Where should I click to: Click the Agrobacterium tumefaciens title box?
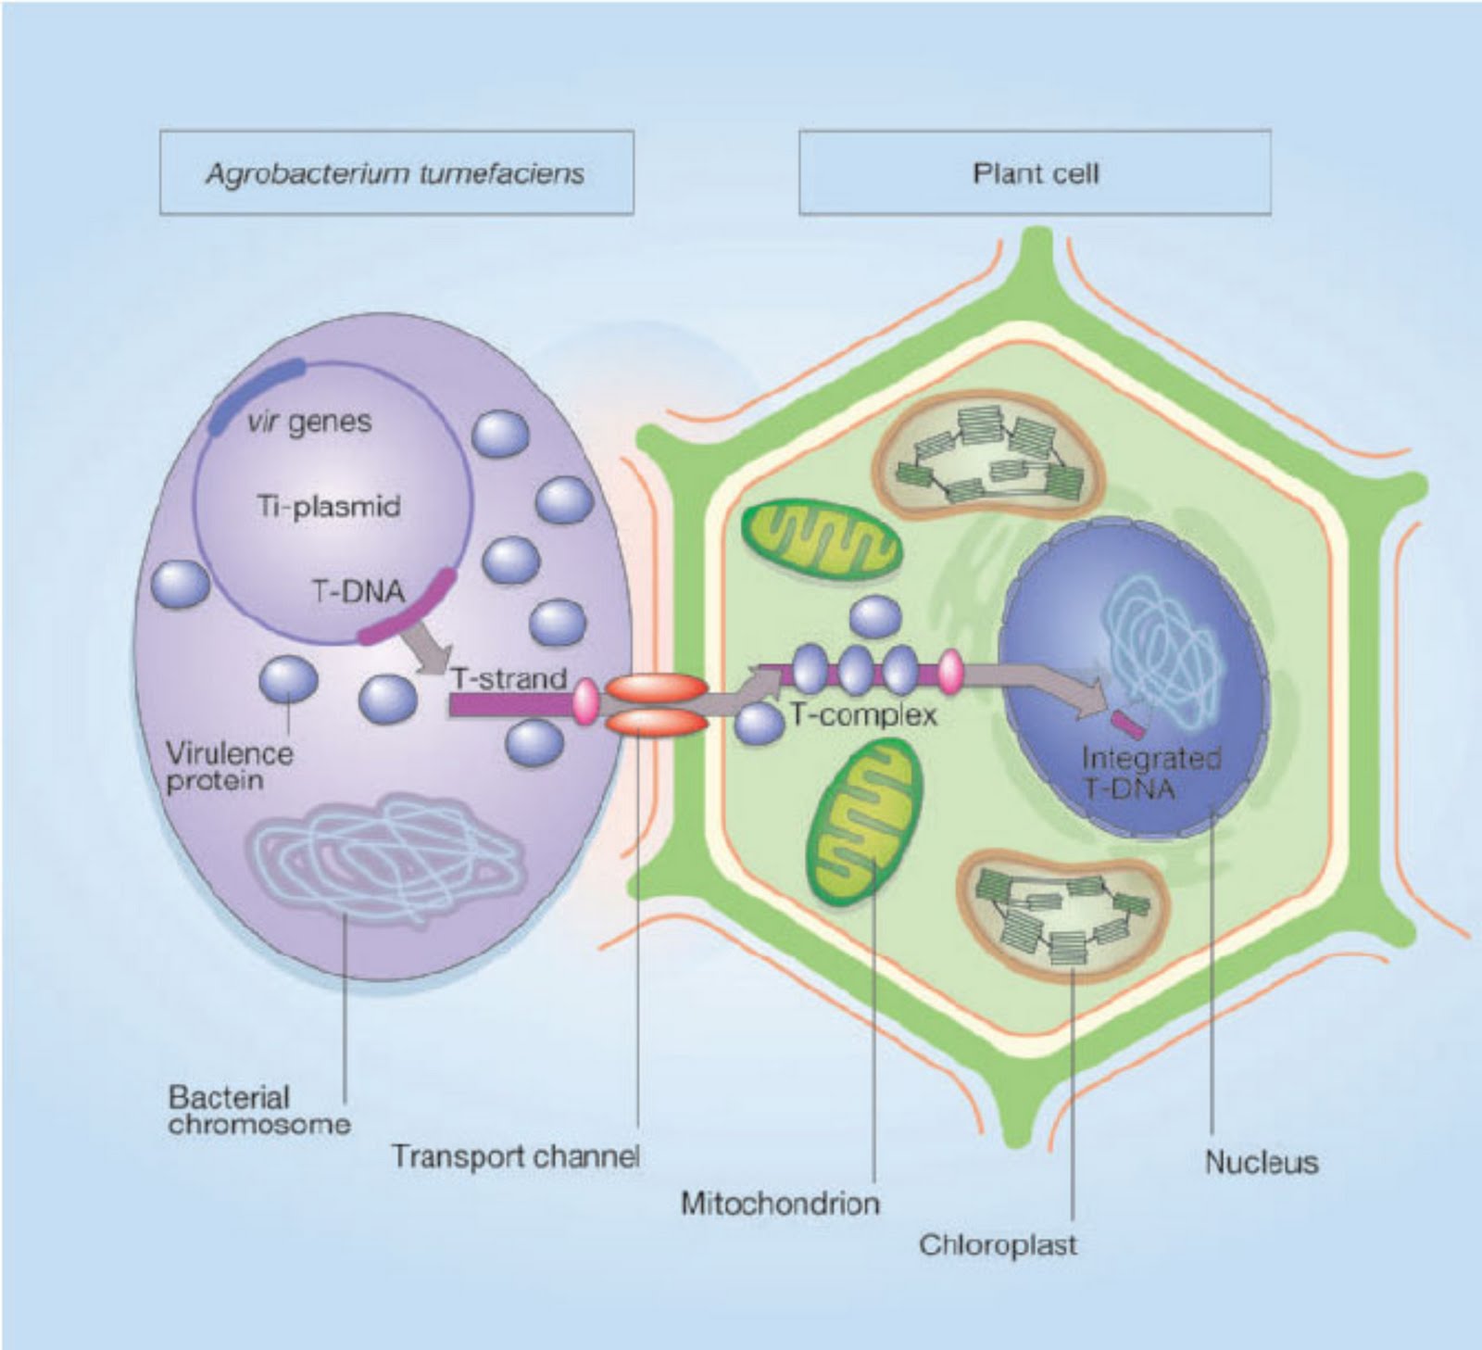coord(396,173)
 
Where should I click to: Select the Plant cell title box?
coord(1035,173)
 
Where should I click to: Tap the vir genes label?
coord(309,423)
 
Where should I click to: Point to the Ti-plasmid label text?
coord(329,507)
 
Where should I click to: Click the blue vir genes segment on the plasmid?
coord(255,395)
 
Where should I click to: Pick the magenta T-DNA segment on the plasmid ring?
coord(408,607)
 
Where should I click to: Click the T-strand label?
coord(509,679)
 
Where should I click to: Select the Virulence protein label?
coord(229,766)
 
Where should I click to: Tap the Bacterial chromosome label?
coord(259,1111)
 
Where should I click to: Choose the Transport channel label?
coord(515,1156)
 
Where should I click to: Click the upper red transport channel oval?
coord(656,688)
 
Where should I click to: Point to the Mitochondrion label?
coord(780,1204)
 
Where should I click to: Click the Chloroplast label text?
coord(998,1244)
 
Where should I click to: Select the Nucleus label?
coord(1261,1162)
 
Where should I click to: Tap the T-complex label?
coord(863,715)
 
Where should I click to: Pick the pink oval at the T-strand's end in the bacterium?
coord(585,701)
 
